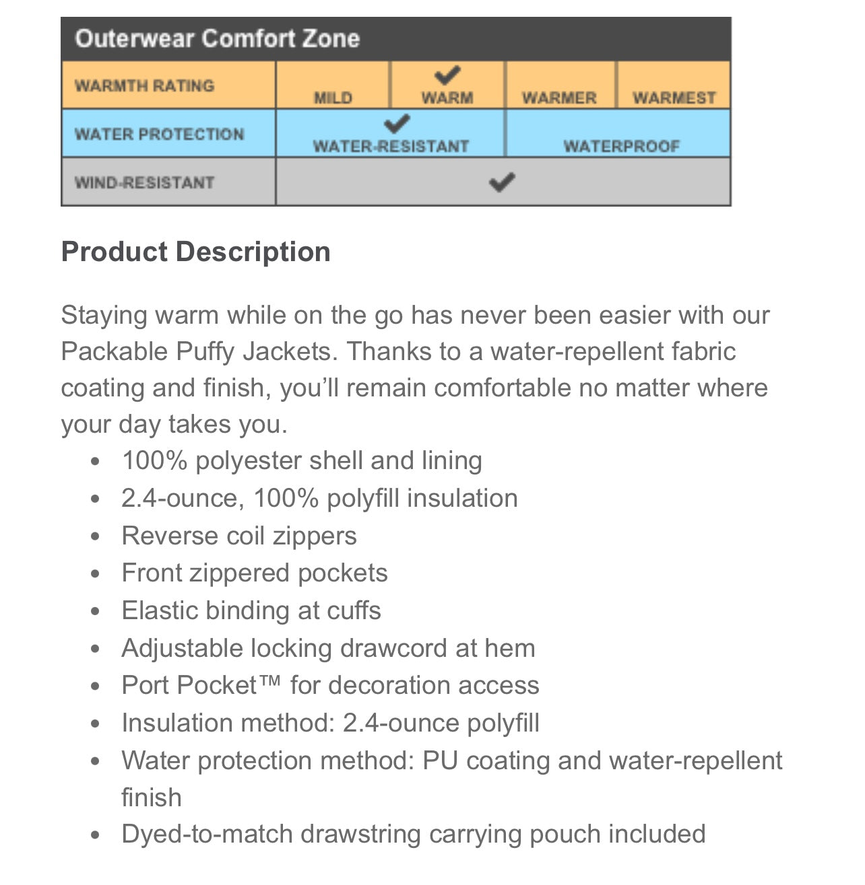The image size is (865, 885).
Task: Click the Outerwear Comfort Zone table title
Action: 217,38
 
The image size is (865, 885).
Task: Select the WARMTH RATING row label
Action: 144,85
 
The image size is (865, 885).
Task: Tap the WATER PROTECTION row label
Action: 159,134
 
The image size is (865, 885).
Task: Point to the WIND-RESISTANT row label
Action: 144,182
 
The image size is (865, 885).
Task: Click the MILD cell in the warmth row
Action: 333,98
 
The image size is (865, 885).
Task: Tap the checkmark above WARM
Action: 447,75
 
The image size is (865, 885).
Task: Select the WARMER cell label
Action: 559,98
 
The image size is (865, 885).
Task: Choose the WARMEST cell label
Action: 674,98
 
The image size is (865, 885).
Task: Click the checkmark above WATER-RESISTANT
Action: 397,124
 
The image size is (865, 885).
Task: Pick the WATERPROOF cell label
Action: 621,146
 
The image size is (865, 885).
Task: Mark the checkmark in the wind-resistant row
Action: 502,182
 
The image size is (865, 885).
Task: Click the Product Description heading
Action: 195,252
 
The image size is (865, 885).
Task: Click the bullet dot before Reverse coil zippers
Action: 96,536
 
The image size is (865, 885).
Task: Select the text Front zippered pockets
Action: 254,573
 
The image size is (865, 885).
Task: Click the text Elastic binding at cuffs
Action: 251,610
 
